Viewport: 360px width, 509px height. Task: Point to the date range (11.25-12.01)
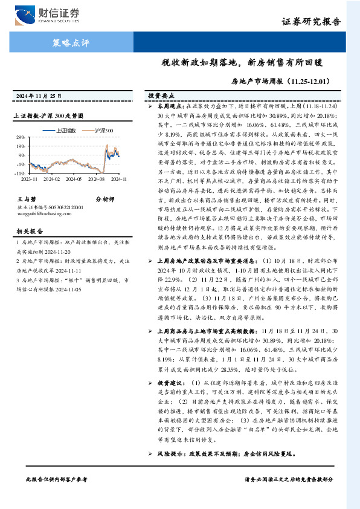tap(310, 79)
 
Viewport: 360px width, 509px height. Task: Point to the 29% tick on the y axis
tap(21, 138)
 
